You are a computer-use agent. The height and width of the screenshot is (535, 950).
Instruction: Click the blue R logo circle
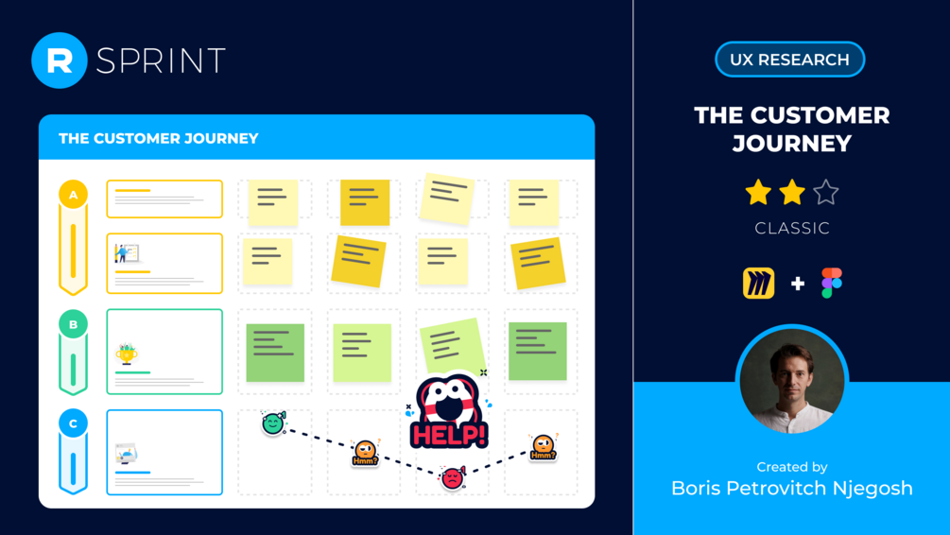(60, 60)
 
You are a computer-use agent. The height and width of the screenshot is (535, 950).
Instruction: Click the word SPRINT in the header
(161, 60)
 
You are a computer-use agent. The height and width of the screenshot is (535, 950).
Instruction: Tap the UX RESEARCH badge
(789, 60)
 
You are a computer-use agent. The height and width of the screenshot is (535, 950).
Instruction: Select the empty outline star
(826, 193)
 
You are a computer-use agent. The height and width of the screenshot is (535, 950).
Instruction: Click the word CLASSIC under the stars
(792, 229)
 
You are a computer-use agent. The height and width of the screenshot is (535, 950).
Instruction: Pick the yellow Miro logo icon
(758, 283)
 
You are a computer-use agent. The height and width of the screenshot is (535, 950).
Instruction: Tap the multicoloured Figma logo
(831, 283)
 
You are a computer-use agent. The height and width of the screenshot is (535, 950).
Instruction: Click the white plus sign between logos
(797, 284)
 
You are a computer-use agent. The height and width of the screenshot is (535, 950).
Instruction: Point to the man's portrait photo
(792, 379)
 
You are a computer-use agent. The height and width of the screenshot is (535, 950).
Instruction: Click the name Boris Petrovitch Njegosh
(792, 488)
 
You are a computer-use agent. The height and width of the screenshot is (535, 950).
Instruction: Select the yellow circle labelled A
(74, 195)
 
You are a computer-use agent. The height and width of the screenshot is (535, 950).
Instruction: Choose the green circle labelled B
(74, 324)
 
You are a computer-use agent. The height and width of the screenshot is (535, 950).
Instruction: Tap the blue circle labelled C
(74, 423)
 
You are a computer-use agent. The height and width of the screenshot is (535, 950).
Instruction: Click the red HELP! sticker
(449, 413)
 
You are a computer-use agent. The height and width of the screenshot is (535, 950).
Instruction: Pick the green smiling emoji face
(273, 423)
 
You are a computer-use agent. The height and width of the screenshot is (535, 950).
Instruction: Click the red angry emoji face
(453, 478)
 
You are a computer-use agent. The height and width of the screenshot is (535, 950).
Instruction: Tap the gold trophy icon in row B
(126, 354)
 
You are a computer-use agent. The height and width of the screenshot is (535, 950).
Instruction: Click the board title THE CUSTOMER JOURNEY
(159, 138)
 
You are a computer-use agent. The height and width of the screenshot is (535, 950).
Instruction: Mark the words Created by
(792, 467)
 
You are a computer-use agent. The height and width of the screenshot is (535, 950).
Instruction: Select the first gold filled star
(758, 193)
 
